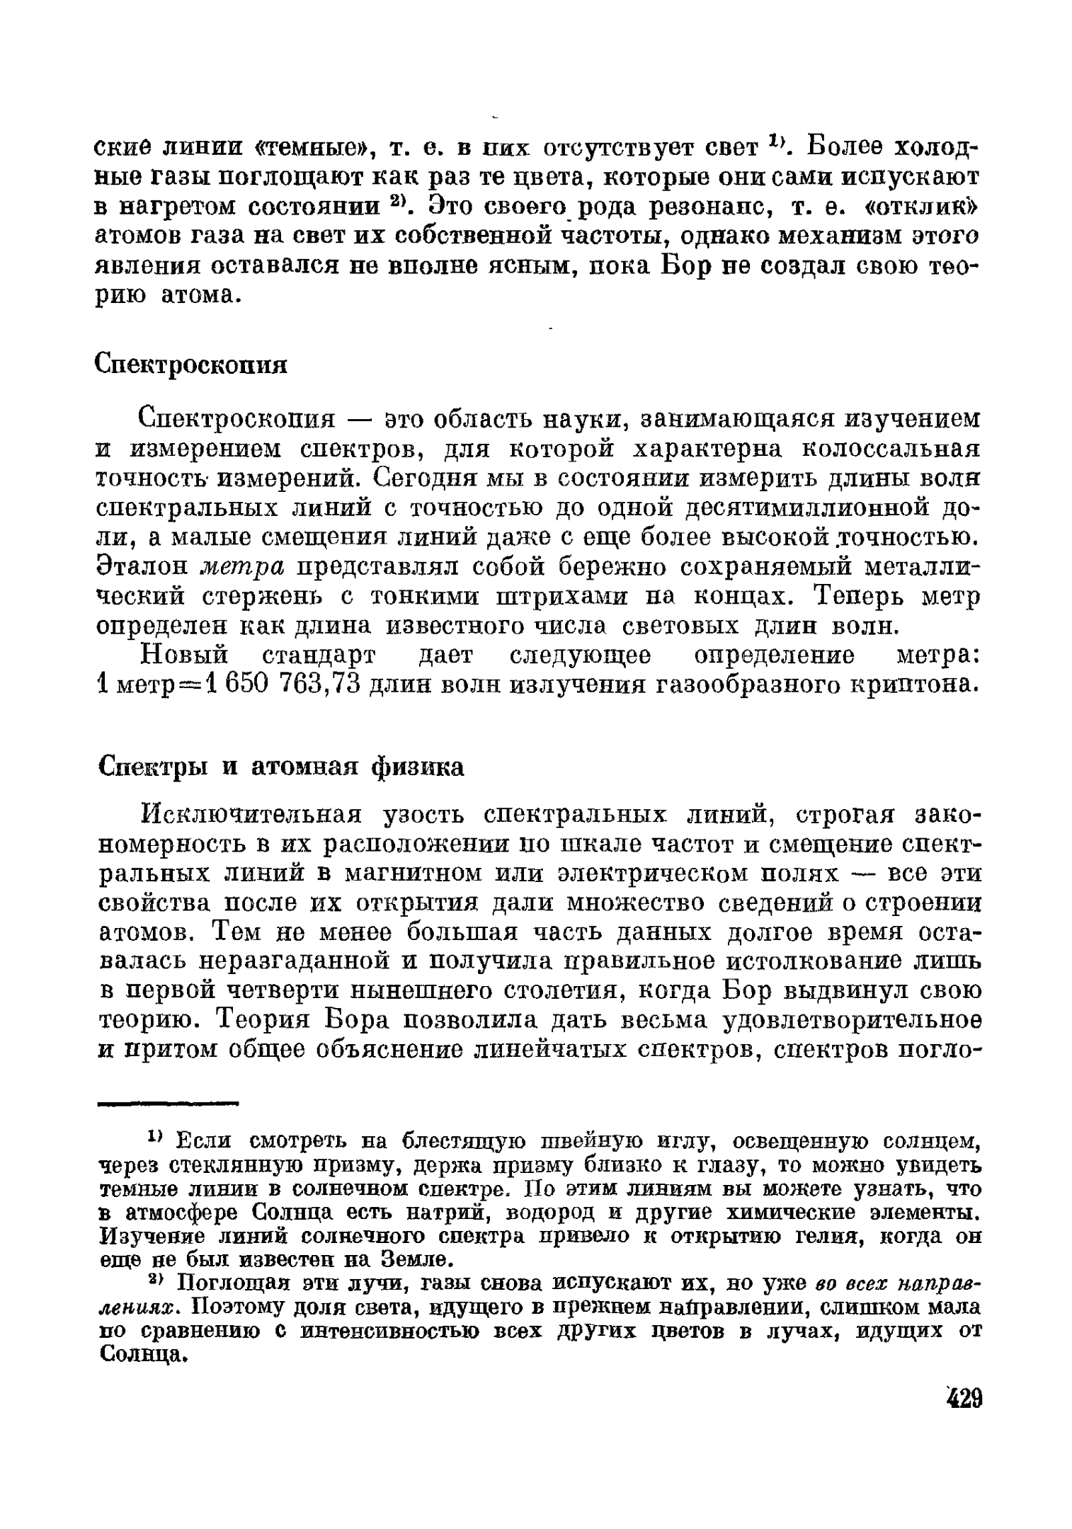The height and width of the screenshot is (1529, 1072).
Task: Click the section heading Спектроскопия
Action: (x=191, y=365)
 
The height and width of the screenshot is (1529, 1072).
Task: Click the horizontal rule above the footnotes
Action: (x=169, y=1104)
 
